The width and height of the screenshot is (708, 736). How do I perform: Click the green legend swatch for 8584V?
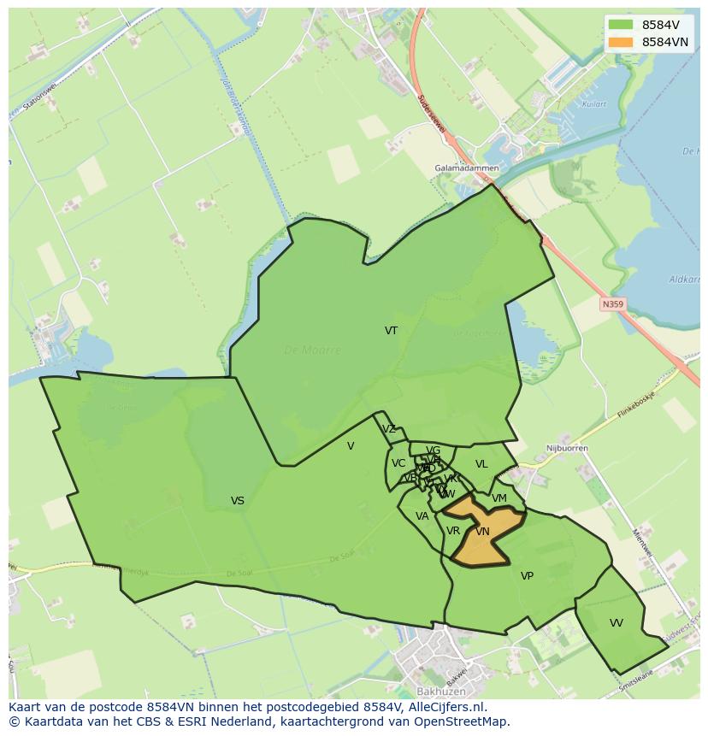click(621, 25)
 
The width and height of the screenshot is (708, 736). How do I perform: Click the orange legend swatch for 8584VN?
click(621, 42)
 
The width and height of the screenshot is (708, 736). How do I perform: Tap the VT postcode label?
click(391, 331)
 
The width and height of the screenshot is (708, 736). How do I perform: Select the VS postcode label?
click(238, 501)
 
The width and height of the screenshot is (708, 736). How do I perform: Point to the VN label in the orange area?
click(482, 532)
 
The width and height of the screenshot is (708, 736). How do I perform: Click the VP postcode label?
click(527, 576)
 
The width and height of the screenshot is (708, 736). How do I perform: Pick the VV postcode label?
click(617, 623)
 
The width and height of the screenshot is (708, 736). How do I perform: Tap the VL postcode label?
click(481, 464)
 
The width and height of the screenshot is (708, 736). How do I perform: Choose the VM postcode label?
click(499, 498)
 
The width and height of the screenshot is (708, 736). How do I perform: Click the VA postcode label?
click(422, 516)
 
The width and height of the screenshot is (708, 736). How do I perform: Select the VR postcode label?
click(453, 531)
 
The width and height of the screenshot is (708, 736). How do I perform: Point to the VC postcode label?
click(398, 463)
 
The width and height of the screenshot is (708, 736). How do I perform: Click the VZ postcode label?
click(389, 429)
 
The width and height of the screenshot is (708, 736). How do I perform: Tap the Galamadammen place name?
click(466, 168)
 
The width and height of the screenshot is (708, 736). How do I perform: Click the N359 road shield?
click(612, 303)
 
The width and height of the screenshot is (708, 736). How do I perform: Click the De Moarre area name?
click(312, 350)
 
